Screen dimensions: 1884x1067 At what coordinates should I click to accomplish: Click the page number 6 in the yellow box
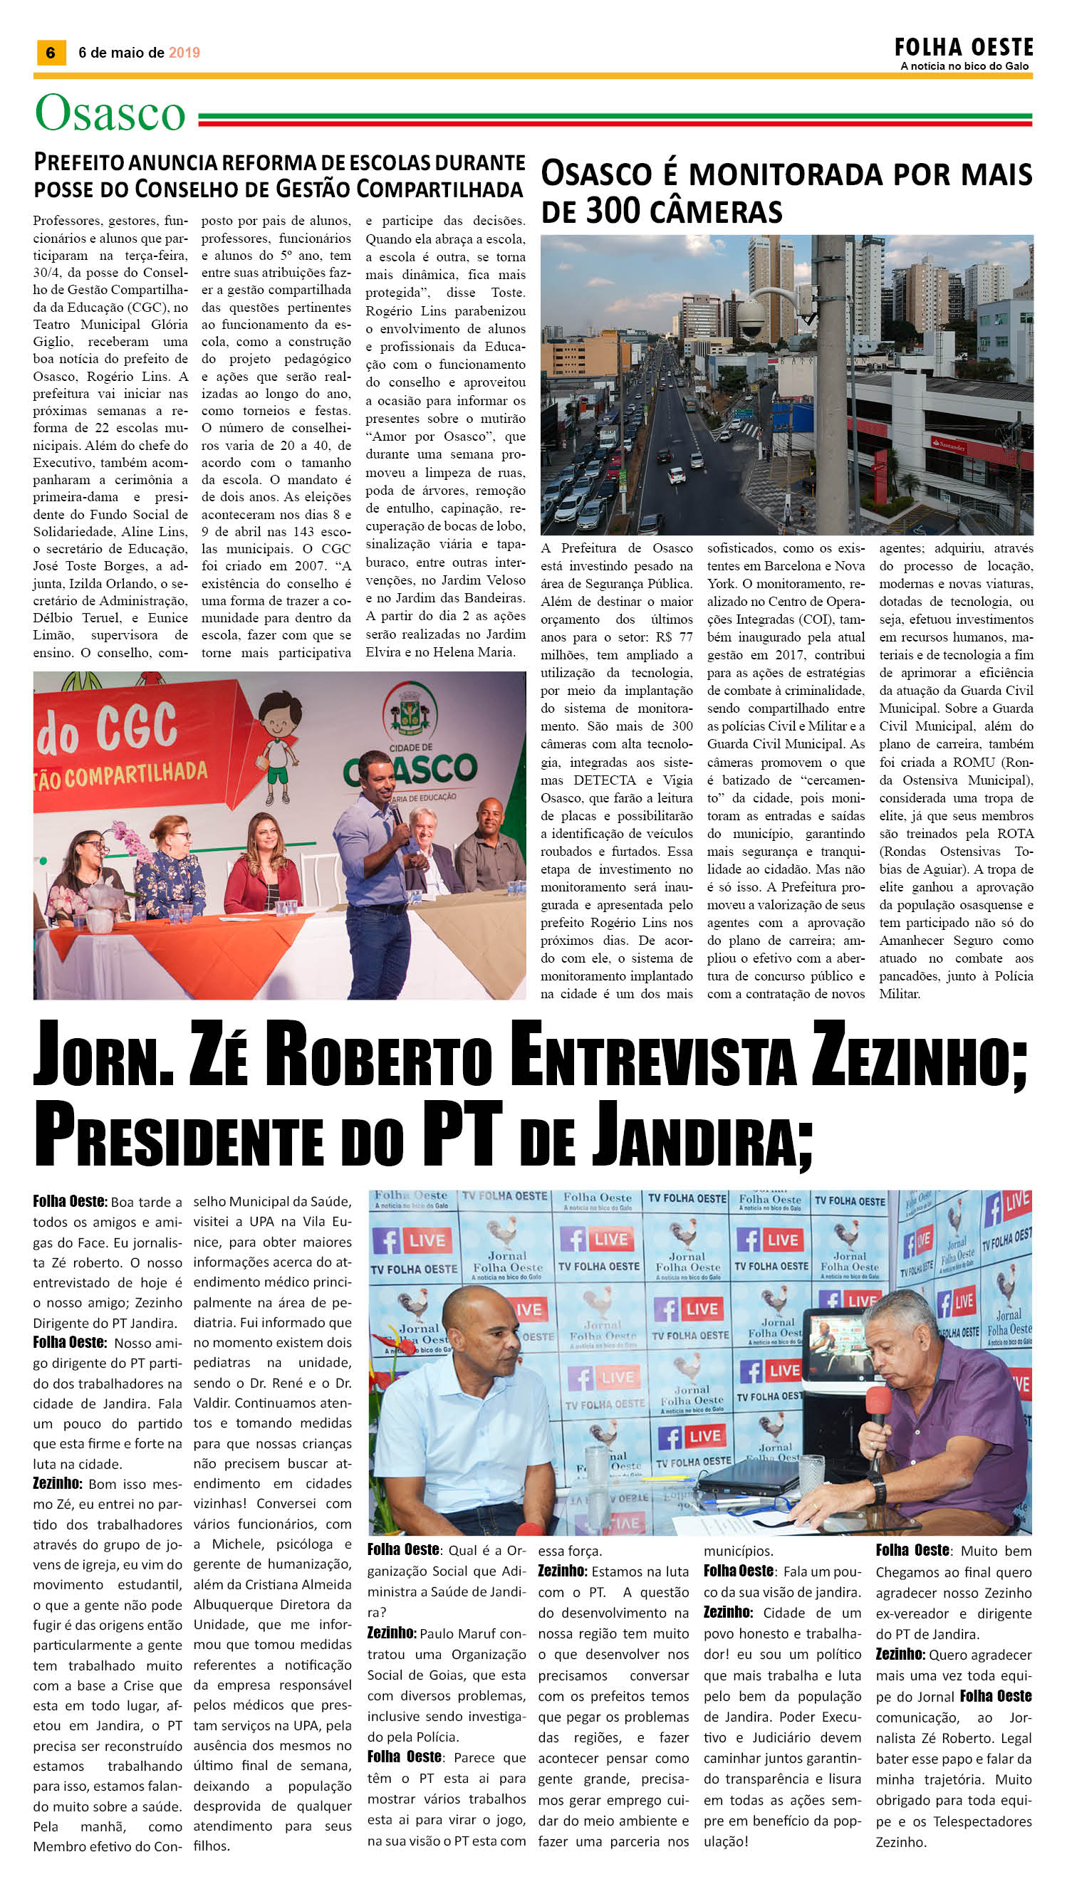[x=51, y=52]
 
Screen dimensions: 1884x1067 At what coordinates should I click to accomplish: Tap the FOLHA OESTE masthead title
[x=963, y=48]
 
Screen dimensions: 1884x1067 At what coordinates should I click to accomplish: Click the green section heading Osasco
[x=110, y=114]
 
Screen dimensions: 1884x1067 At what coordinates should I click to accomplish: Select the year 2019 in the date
[x=184, y=53]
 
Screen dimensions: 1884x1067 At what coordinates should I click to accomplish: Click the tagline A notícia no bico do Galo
[x=964, y=67]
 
